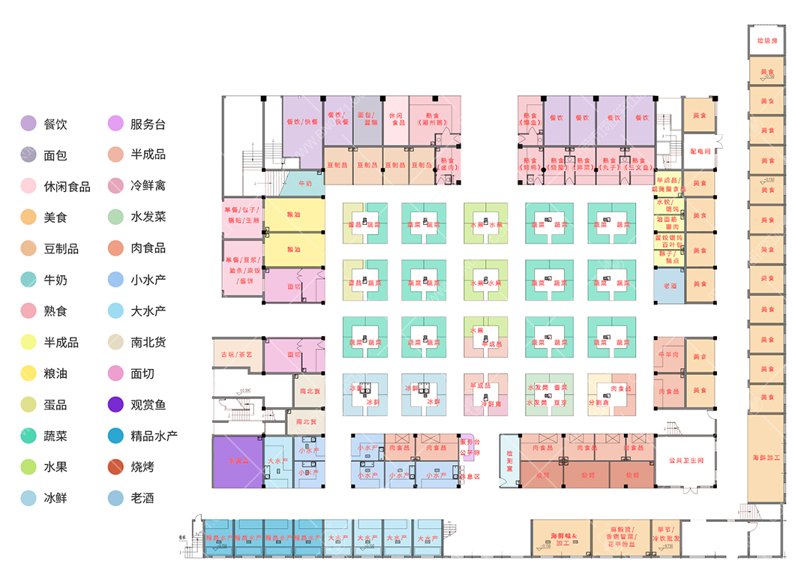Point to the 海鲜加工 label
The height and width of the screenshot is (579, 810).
(x=766, y=457)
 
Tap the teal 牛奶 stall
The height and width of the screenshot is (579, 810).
(x=305, y=183)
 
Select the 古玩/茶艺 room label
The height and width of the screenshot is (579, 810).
(x=237, y=355)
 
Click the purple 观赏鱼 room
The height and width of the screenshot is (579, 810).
(x=238, y=461)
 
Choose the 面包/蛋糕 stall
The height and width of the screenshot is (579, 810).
(x=367, y=120)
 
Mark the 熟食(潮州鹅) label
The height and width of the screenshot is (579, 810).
(x=430, y=120)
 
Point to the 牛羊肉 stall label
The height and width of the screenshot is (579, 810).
(x=668, y=353)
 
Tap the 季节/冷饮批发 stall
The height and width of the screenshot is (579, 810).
(x=664, y=538)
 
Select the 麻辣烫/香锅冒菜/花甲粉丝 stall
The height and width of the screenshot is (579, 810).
(x=620, y=538)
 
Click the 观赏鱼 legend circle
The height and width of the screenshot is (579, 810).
(x=115, y=404)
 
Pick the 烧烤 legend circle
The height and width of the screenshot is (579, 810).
(x=115, y=466)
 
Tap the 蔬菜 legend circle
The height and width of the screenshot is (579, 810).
(x=28, y=436)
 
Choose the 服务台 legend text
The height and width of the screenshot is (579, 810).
(x=148, y=124)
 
